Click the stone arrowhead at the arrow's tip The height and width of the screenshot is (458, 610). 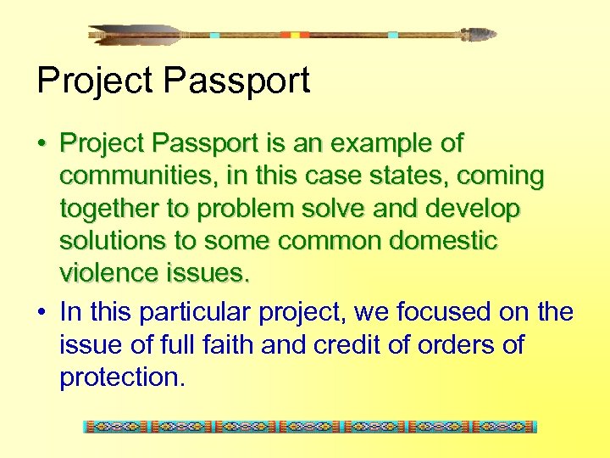pyautogui.click(x=480, y=35)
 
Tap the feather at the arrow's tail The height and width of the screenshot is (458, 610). pyautogui.click(x=136, y=35)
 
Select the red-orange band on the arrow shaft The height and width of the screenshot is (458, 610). pyautogui.click(x=296, y=35)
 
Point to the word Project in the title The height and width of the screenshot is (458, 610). pyautogui.click(x=95, y=81)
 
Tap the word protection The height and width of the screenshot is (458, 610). pyautogui.click(x=121, y=377)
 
